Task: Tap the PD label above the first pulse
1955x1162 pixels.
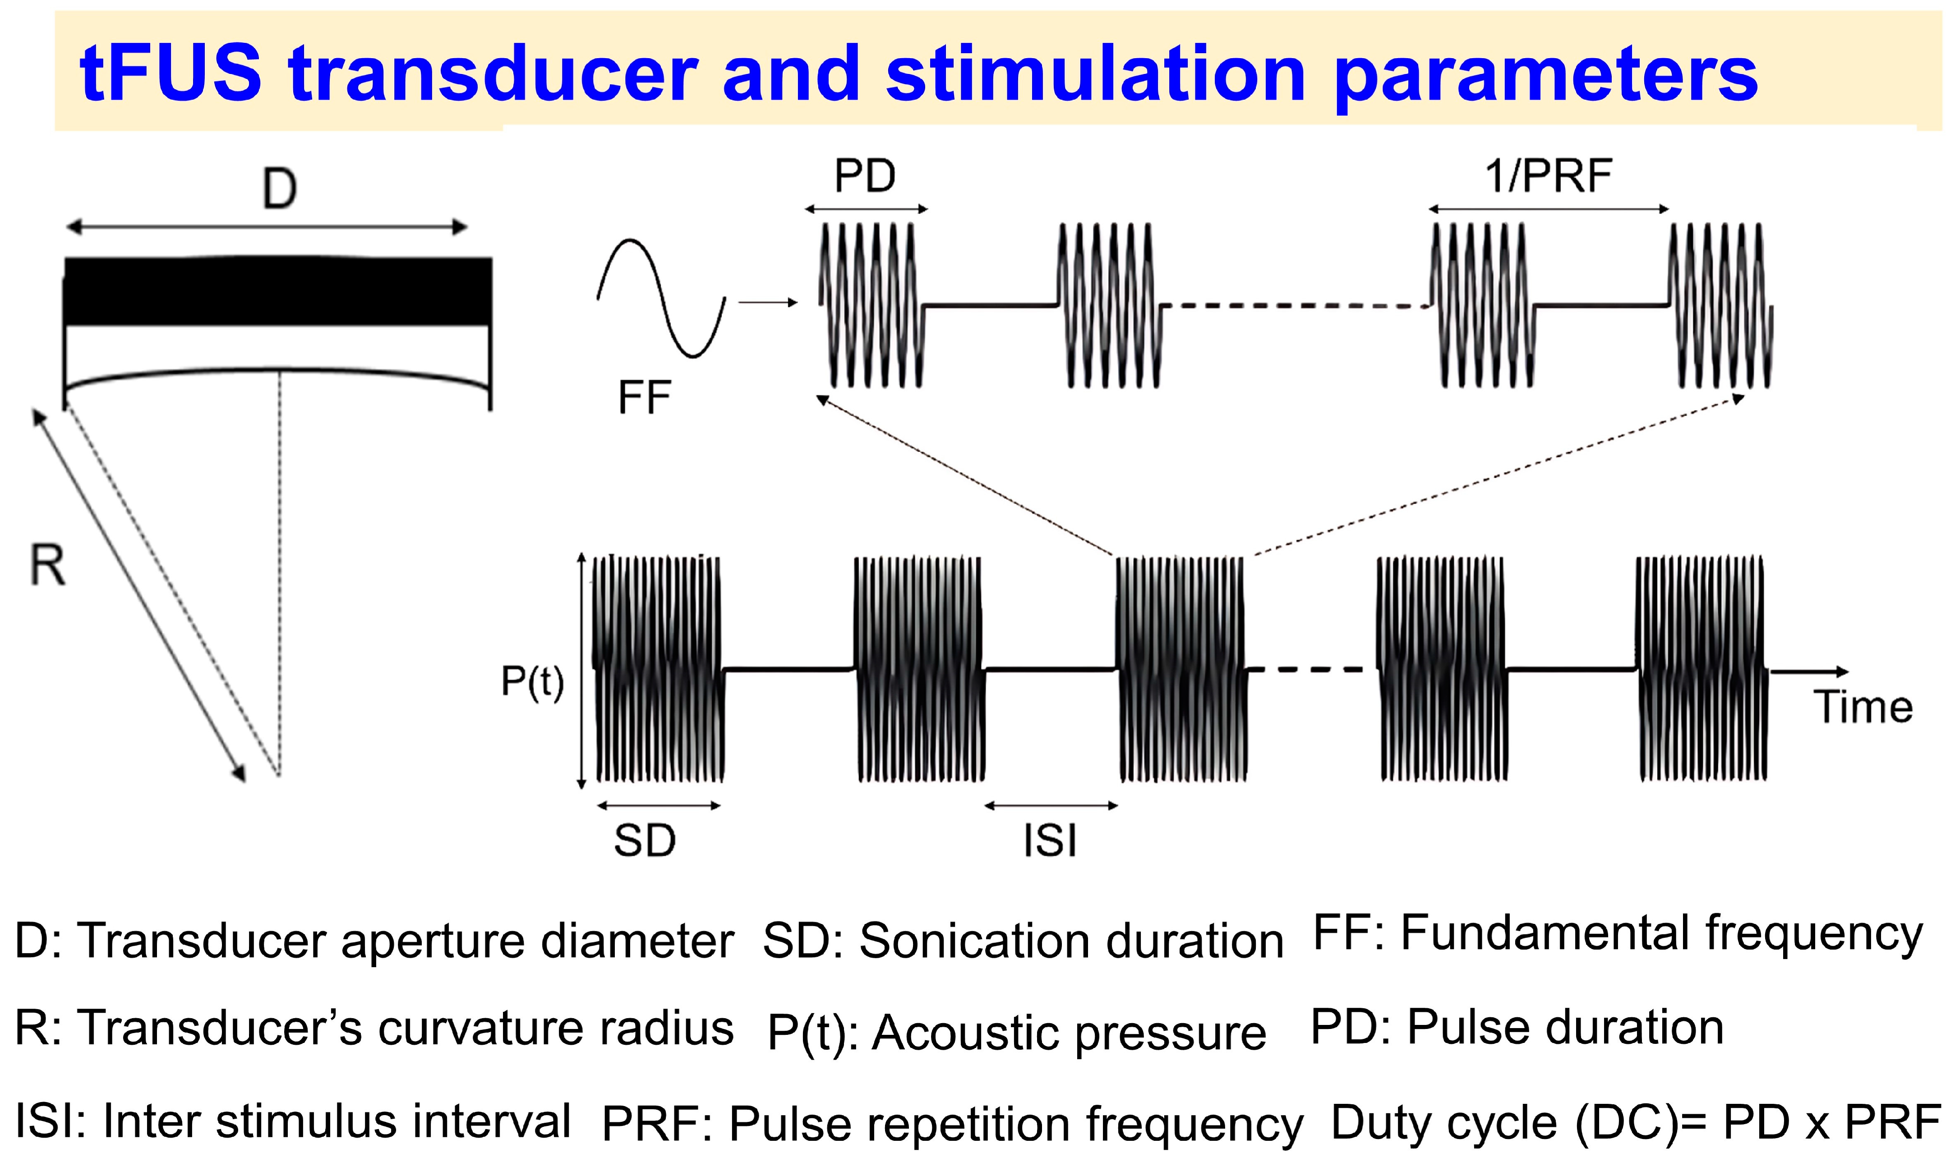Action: click(865, 176)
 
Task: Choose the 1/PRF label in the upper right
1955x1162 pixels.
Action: click(1549, 176)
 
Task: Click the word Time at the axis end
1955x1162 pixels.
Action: click(1863, 707)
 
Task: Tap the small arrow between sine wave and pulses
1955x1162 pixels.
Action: click(768, 302)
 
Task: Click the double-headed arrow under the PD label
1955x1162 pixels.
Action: click(866, 209)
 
